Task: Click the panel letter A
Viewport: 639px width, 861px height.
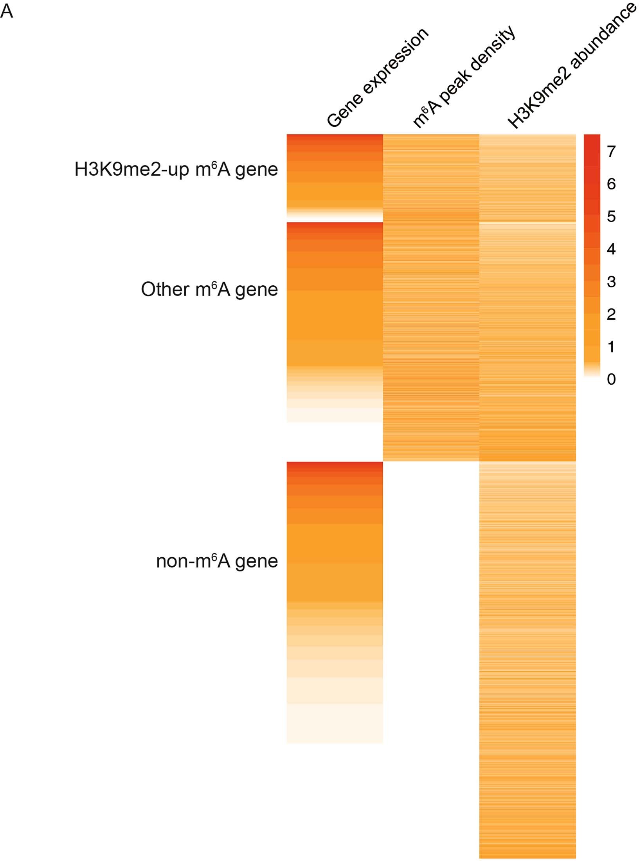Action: pos(7,11)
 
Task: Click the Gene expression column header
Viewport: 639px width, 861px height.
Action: pos(377,79)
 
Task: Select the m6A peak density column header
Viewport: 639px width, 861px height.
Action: pos(464,77)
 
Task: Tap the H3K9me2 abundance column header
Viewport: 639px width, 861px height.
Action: pos(571,67)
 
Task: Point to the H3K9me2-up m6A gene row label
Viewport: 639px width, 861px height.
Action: pos(176,170)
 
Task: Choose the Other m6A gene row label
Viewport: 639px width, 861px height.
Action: pos(209,290)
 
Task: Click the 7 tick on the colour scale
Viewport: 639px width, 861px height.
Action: pos(611,151)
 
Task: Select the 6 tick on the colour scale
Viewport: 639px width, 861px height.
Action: pos(611,184)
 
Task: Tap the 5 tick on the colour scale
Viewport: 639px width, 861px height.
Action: pos(611,216)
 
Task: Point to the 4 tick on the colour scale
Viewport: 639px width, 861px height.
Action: pos(611,249)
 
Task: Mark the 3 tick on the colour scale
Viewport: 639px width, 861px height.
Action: pos(611,281)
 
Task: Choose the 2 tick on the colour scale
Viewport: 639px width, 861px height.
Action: pos(611,314)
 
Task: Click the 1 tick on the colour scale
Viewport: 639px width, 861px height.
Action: pos(611,347)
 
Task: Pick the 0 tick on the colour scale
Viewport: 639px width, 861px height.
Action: pos(611,379)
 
